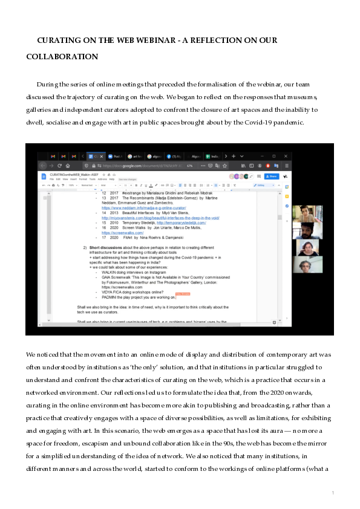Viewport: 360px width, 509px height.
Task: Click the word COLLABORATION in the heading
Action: (62, 57)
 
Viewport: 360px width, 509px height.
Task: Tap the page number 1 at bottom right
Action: (333, 493)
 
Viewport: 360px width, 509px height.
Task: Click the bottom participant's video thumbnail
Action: (307, 265)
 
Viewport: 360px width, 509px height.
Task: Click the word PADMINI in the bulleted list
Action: (111, 297)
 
